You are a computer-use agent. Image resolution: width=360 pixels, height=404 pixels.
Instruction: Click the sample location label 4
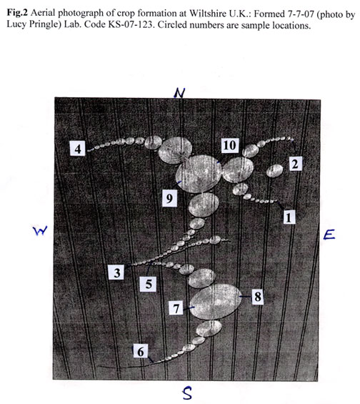point(77,149)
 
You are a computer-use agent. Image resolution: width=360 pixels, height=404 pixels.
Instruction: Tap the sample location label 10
point(230,145)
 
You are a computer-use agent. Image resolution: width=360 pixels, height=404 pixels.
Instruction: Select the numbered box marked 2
point(295,164)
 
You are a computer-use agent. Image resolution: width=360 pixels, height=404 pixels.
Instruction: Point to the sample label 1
point(289,217)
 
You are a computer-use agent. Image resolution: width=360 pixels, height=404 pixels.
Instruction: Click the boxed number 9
point(169,198)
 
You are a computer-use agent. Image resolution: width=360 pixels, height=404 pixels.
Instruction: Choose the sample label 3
point(116,272)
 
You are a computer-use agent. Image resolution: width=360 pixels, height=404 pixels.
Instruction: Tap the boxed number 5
point(149,284)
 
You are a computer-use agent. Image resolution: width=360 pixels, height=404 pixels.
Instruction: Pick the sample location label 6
point(141,351)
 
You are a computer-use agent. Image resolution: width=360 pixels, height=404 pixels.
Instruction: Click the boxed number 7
point(176,308)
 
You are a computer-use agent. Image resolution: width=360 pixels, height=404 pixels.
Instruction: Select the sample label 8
point(258,297)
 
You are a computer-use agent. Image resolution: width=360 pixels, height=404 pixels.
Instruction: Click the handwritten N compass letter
point(179,93)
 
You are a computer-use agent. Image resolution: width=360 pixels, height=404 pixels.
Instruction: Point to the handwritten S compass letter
point(187,393)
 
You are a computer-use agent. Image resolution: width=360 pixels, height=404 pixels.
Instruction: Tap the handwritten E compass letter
point(329,235)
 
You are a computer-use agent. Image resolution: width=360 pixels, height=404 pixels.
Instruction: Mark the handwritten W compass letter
point(41,230)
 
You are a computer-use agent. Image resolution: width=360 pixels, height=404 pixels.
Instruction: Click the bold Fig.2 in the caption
point(17,12)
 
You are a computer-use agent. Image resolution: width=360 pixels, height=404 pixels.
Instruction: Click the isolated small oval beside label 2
point(274,171)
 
